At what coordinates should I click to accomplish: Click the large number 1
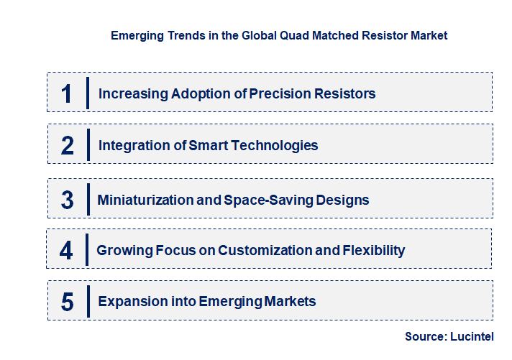[x=67, y=93]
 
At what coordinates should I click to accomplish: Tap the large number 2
[x=68, y=145]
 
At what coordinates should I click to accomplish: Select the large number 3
[x=68, y=200]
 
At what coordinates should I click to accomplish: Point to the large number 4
[x=66, y=250]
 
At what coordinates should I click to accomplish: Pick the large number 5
[x=68, y=302]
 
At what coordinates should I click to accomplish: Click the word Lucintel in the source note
[x=475, y=336]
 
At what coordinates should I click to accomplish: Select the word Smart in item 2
[x=207, y=145]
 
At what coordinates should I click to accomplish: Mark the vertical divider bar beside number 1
[x=87, y=93]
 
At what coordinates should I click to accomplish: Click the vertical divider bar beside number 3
[x=86, y=199]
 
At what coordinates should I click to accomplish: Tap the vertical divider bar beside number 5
[x=87, y=301]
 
